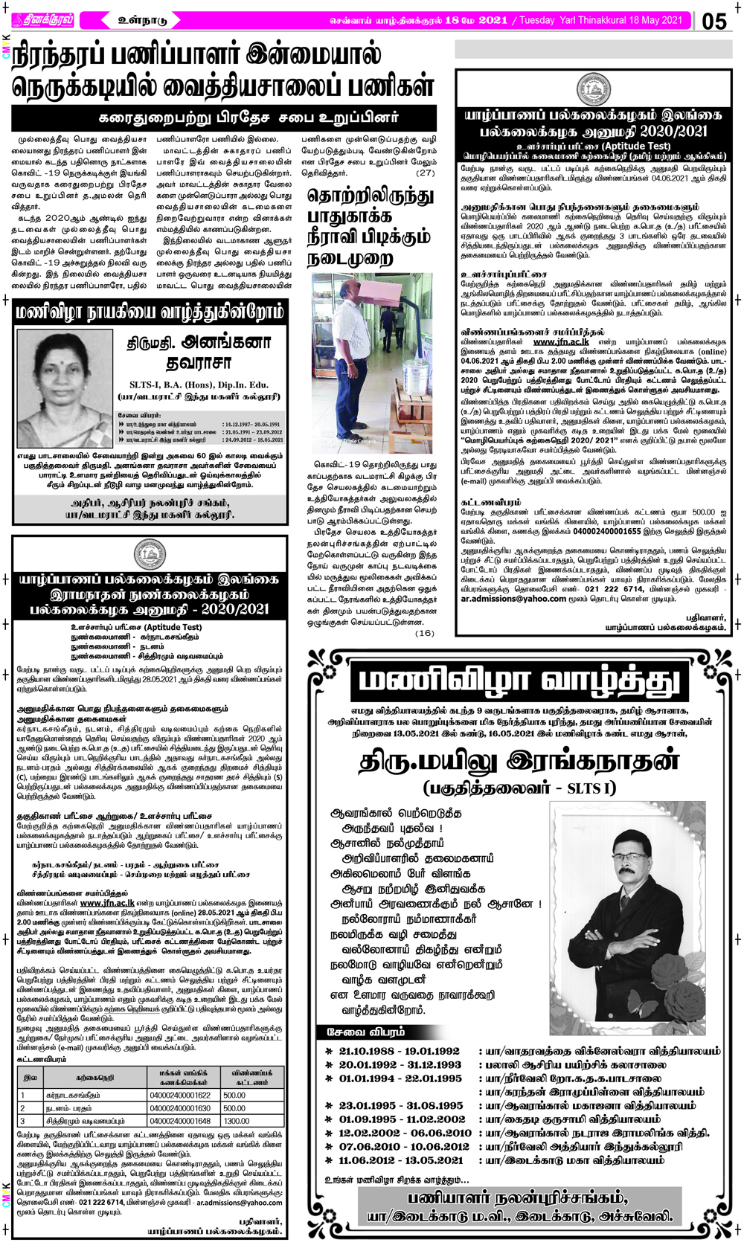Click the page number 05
[714, 20]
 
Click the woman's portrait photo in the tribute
[64, 387]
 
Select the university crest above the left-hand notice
[149, 555]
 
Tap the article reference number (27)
[425, 173]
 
